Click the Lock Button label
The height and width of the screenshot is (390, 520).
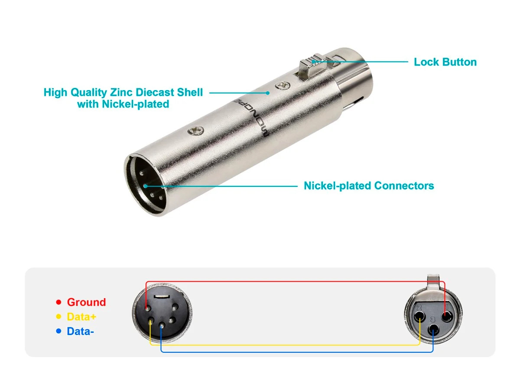(445, 62)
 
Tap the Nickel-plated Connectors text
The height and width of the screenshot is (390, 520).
(369, 186)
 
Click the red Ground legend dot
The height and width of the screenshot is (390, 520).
(58, 302)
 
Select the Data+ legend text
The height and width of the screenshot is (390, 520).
(81, 317)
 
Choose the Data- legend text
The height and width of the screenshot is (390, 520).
(80, 331)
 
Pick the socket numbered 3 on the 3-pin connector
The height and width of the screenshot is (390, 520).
(433, 331)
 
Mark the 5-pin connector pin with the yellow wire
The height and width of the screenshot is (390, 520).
(150, 323)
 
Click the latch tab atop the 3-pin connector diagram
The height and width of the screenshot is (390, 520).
(433, 281)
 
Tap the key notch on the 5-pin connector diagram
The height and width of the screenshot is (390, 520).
(160, 296)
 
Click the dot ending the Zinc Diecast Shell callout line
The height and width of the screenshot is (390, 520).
(268, 92)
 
